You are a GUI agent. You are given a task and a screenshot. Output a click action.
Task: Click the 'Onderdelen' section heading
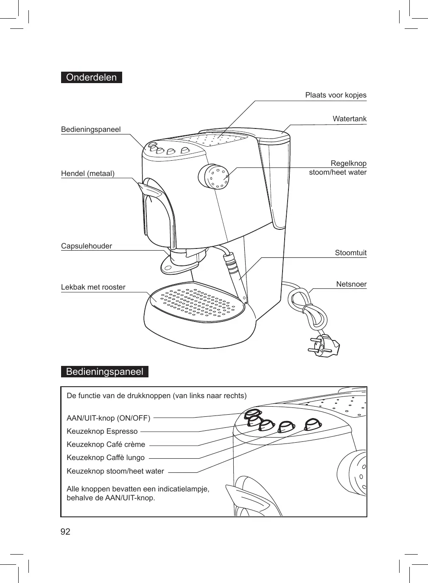tap(91, 78)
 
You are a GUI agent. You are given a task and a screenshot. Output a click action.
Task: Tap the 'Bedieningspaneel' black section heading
tap(104, 372)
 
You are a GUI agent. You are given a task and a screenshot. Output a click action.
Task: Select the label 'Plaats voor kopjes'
tap(336, 95)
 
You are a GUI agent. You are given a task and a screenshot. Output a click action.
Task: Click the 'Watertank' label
tap(349, 119)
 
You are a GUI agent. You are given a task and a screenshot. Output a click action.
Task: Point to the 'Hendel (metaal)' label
tap(88, 173)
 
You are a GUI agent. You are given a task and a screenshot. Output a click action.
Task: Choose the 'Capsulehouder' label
tap(87, 246)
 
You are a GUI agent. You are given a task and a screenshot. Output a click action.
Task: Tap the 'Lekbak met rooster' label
tap(93, 287)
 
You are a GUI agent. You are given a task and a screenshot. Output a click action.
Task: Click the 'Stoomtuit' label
tap(350, 253)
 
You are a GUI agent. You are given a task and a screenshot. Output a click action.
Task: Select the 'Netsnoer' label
tap(351, 284)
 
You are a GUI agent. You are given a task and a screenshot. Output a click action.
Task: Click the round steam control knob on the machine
tap(214, 176)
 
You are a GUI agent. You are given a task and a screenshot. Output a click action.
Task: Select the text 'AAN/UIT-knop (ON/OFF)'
tap(109, 418)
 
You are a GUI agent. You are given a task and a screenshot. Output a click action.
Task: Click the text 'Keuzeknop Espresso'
tap(102, 431)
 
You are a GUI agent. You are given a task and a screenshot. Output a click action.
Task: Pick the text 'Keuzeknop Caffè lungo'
tap(106, 457)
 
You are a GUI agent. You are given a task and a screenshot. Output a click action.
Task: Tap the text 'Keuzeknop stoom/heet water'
tap(115, 471)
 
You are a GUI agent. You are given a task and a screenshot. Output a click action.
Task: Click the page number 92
tap(65, 532)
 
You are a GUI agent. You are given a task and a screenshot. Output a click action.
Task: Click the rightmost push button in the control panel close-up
tap(313, 424)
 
